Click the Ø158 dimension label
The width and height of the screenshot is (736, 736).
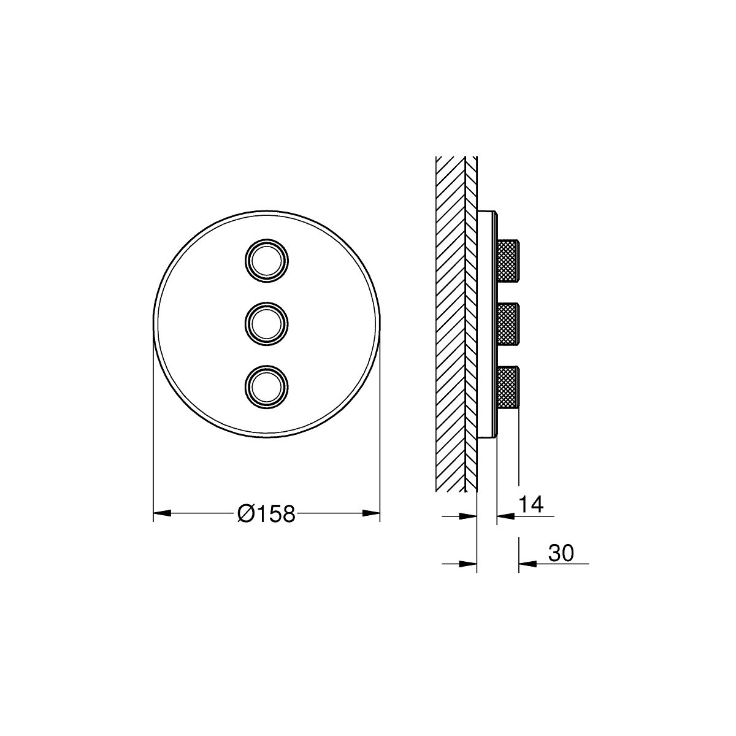[266, 514]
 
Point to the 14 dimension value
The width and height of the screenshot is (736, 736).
[531, 505]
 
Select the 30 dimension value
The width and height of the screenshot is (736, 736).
[561, 553]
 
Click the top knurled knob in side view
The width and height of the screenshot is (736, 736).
[508, 261]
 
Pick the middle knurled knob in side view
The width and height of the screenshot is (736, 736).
[508, 324]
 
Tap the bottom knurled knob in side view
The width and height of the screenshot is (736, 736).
[508, 388]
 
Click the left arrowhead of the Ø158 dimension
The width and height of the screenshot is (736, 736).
[161, 514]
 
